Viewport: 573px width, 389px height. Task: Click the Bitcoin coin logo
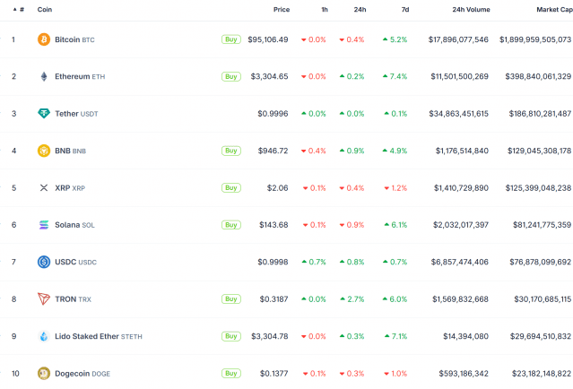pos(43,39)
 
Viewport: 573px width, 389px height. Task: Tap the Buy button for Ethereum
pos(230,76)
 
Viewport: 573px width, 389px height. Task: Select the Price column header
pos(282,9)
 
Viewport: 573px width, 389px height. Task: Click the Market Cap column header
pos(553,9)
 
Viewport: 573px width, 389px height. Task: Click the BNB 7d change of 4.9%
pos(395,151)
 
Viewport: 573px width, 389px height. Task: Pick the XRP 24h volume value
pos(459,187)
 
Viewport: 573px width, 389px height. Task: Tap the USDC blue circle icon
pos(43,262)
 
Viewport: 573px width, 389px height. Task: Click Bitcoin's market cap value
pos(535,39)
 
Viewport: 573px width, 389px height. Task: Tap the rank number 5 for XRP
pos(13,187)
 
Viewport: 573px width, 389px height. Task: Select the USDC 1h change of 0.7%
pos(314,262)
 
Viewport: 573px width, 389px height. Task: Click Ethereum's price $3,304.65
pos(268,76)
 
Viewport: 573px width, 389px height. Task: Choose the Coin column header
pos(44,9)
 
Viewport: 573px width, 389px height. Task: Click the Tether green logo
pos(43,114)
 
